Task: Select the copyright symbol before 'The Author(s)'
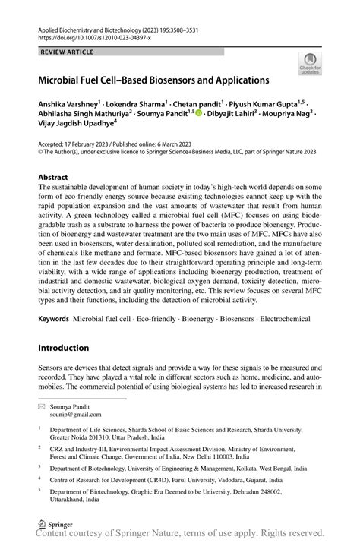[x=41, y=151]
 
